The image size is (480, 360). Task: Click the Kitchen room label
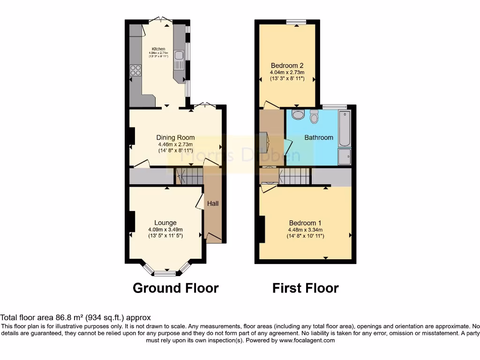pyautogui.click(x=158, y=49)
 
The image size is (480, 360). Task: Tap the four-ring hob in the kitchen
pyautogui.click(x=136, y=70)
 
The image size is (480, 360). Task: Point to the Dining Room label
pyautogui.click(x=175, y=137)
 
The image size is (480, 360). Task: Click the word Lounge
pyautogui.click(x=165, y=223)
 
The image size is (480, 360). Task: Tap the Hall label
pyautogui.click(x=213, y=203)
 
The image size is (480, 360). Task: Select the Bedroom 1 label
pyautogui.click(x=305, y=223)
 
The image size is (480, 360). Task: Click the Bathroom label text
pyautogui.click(x=319, y=137)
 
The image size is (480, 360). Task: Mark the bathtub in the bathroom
pyautogui.click(x=344, y=128)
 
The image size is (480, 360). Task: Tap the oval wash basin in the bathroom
pyautogui.click(x=297, y=115)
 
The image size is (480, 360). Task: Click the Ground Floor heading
pyautogui.click(x=176, y=288)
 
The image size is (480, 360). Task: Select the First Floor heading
pyautogui.click(x=305, y=288)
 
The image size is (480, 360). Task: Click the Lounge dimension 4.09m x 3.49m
pyautogui.click(x=165, y=230)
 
